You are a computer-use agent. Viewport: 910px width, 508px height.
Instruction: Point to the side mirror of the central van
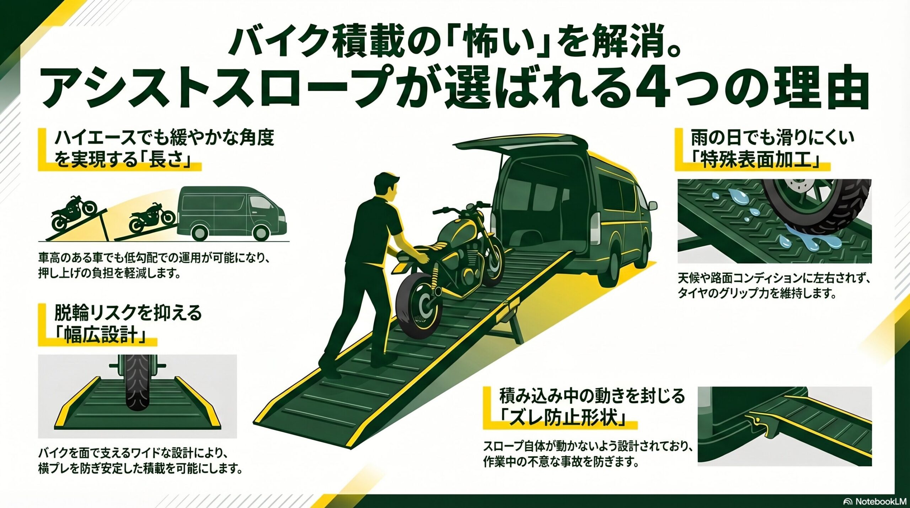[652, 205]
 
